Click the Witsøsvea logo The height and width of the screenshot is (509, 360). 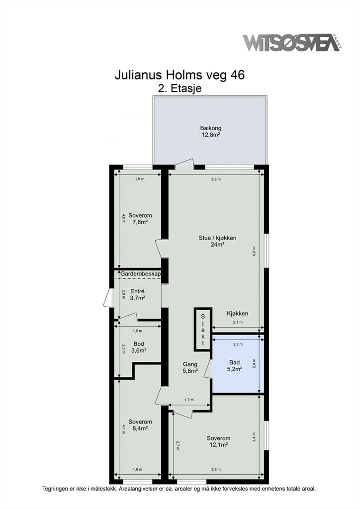pos(292,42)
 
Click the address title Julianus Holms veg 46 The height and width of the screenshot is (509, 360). pos(180,75)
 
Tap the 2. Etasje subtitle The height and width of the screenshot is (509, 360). pos(180,88)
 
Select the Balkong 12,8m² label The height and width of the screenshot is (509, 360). pos(211,131)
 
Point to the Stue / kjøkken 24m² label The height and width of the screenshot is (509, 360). pos(217,241)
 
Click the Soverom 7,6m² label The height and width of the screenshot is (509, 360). pos(140,219)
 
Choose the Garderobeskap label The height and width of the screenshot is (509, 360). pos(141,274)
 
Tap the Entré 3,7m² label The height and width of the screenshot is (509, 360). pos(137,294)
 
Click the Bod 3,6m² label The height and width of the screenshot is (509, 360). pos(139,347)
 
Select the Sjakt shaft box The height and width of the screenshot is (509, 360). pos(203,330)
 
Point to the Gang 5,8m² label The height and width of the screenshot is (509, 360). pos(190,367)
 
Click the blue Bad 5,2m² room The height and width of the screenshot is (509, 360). pos(238,364)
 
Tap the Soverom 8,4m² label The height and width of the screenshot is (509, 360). pos(140,425)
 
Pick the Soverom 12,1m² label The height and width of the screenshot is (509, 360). pos(218,441)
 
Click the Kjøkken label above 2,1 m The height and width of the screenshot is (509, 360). pos(237,314)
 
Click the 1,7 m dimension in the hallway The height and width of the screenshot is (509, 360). pos(189,400)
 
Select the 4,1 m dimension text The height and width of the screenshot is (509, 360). pos(124,429)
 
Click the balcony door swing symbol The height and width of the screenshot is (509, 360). pos(184,164)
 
